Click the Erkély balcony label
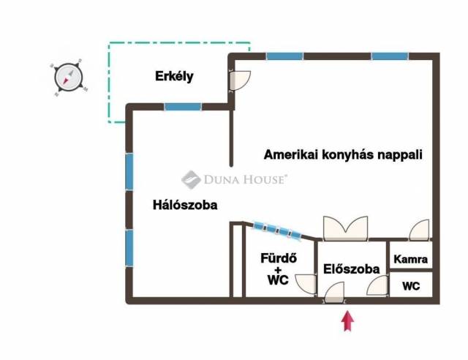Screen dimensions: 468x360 point(174,77)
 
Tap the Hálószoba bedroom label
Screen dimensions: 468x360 point(185,205)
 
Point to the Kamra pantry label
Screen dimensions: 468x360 point(410,259)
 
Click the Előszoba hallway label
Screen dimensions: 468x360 point(351,269)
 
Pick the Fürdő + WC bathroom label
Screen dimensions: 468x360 point(278,269)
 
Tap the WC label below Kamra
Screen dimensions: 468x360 point(411,286)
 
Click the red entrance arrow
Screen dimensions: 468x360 point(347,321)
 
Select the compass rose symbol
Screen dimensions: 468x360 point(68,77)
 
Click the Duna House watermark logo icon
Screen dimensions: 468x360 point(191,179)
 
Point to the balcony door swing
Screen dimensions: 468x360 point(239,80)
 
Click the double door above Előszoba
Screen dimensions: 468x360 point(345,228)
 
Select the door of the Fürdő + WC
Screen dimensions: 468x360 point(306,284)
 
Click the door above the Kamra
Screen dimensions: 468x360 point(419,230)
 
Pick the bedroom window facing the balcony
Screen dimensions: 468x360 point(183,107)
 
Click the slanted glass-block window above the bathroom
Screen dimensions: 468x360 point(277,230)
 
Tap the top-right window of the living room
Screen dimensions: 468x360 point(390,56)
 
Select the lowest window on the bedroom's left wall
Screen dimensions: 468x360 point(129,248)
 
